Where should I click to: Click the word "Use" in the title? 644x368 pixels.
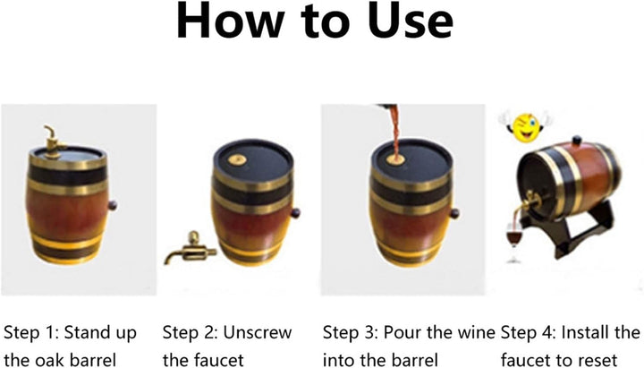pos(410,21)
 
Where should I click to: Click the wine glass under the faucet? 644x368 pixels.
pos(514,243)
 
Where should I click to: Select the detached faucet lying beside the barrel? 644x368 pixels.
pos(191,248)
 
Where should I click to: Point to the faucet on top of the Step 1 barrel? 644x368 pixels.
pos(55,141)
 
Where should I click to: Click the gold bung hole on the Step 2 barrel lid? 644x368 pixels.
pos(237,159)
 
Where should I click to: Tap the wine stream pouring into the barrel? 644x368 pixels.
pos(396,133)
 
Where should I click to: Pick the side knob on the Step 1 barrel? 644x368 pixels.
pos(112,205)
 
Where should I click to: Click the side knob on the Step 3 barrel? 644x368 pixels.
pos(454,213)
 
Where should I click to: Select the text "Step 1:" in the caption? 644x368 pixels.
pos(30,332)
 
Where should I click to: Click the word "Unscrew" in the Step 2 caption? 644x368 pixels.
pos(257,332)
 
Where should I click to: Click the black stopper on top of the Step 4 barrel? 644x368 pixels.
pos(577,141)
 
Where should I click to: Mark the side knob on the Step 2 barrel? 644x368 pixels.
pos(295,213)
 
